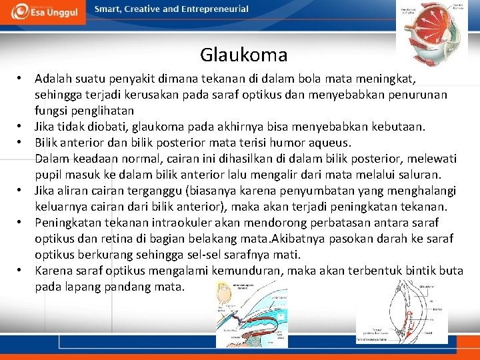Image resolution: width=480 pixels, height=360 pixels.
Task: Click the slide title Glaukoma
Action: (x=243, y=55)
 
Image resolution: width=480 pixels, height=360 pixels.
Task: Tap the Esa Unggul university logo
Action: (x=43, y=11)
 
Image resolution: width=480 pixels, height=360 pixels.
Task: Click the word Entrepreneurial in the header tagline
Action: (x=214, y=9)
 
